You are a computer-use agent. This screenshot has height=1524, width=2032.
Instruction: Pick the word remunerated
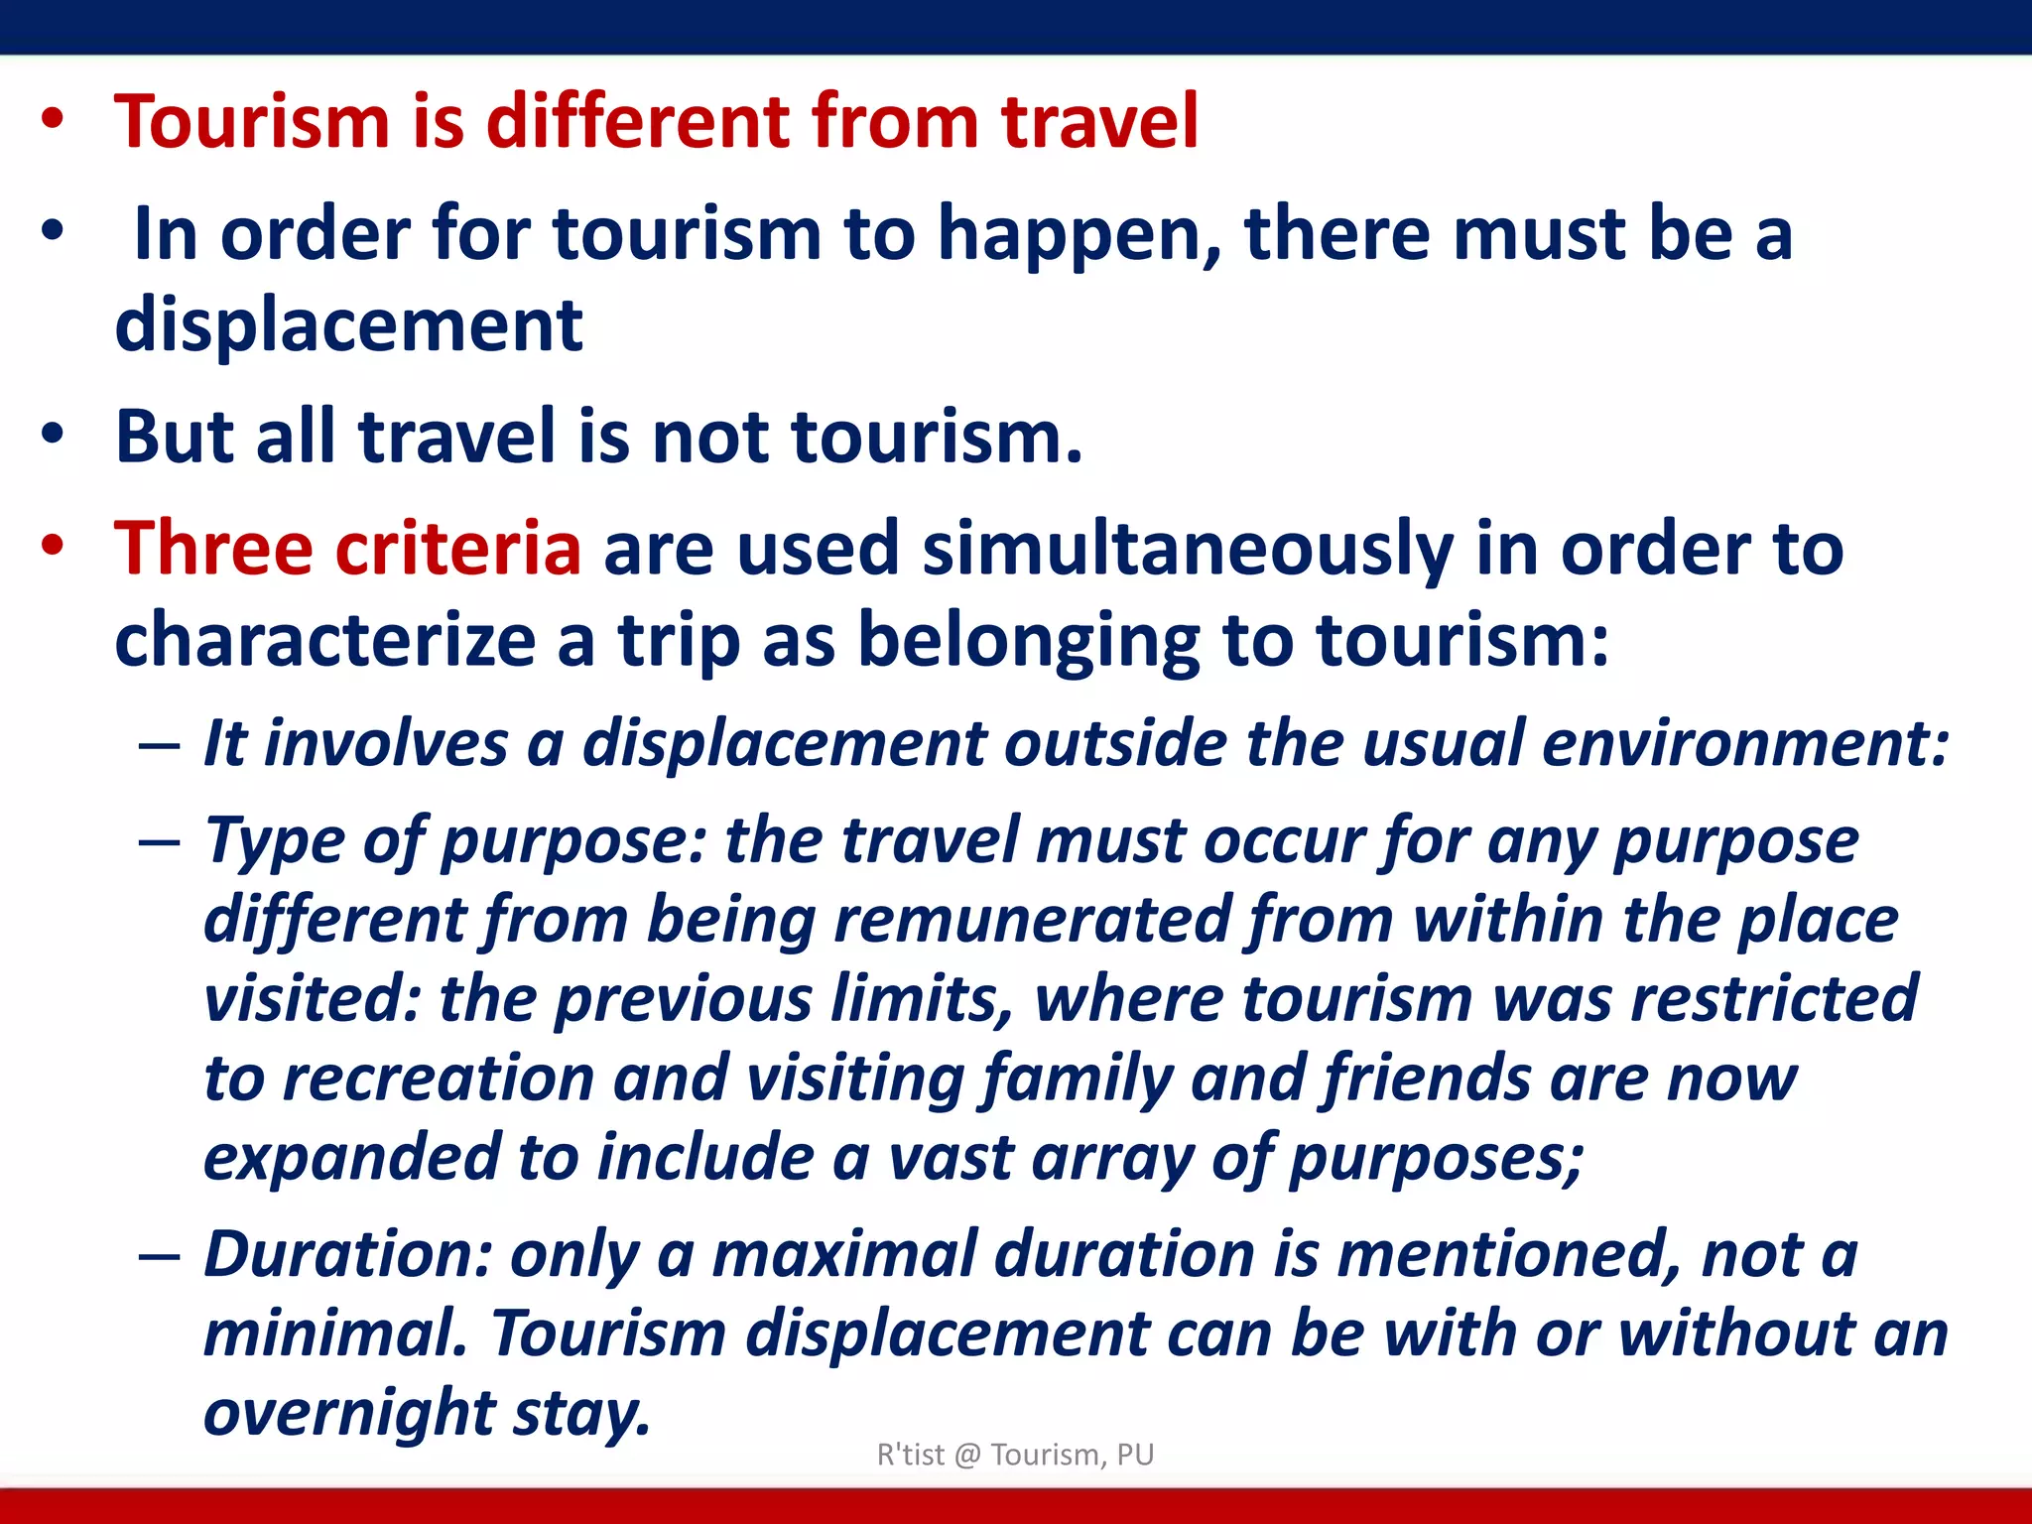(x=1032, y=920)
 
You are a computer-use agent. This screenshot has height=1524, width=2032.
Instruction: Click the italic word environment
(x=1745, y=743)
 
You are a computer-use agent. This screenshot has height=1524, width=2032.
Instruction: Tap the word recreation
(x=438, y=1079)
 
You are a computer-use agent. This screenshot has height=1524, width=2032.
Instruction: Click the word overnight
(x=348, y=1413)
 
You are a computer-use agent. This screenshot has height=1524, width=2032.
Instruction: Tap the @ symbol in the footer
(x=967, y=1456)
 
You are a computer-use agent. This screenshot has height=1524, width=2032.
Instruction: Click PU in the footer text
(x=1135, y=1455)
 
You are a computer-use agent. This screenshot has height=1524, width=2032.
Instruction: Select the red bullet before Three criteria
(x=53, y=545)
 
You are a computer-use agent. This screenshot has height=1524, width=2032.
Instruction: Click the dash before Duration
(x=160, y=1256)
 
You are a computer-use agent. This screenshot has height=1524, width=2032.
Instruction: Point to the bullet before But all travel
(x=53, y=434)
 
